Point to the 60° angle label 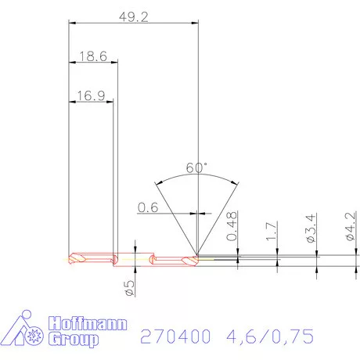click(x=197, y=167)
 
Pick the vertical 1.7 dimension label click(x=271, y=232)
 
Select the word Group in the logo click(x=74, y=340)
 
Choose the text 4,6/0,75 click(x=270, y=337)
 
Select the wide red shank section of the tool click(x=94, y=258)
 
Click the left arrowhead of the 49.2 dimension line click(x=72, y=24)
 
